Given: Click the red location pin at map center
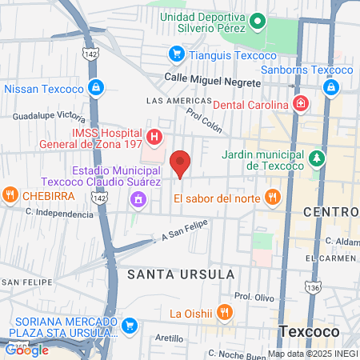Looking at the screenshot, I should click(181, 163).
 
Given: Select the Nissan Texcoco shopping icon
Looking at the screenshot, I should click(96, 87).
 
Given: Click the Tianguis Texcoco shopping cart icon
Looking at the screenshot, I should click(176, 54).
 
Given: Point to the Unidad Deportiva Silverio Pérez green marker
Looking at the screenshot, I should click(258, 22).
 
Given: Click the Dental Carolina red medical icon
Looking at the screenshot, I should click(299, 104).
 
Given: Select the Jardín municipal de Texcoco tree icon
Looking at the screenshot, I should click(318, 158).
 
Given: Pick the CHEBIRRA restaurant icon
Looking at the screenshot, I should click(10, 194).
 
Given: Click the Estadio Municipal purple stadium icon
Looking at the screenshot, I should click(139, 198).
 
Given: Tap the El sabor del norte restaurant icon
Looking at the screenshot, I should click(273, 197).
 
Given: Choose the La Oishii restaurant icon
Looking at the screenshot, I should click(226, 312).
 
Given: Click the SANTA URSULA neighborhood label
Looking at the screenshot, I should click(181, 274).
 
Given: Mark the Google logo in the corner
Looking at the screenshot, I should click(26, 350).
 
